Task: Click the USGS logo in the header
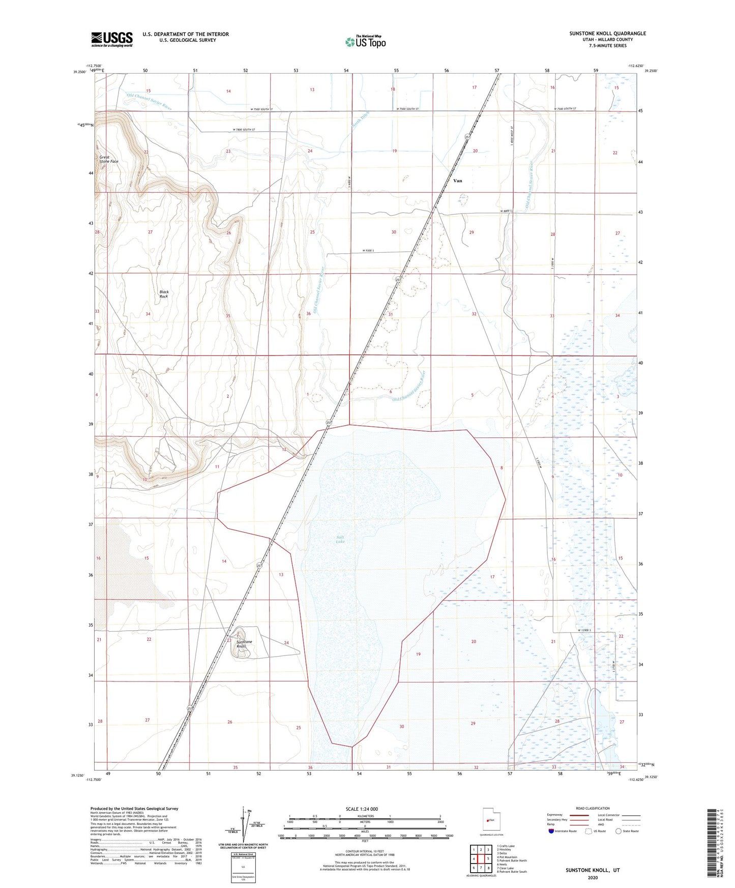point(112,39)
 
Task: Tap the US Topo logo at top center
point(365,41)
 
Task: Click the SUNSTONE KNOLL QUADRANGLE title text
point(607,34)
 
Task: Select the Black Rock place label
point(164,294)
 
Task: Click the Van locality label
point(458,181)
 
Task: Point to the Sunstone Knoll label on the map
point(244,644)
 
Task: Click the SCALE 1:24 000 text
point(362,809)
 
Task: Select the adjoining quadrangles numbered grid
point(481,859)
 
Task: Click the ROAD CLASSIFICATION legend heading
point(593,808)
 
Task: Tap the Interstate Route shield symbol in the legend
point(551,831)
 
